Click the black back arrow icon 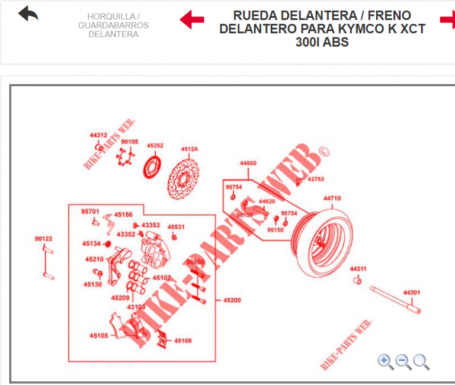pyautogui.click(x=28, y=14)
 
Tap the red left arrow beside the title pyautogui.click(x=192, y=19)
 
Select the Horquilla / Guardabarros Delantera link pyautogui.click(x=113, y=25)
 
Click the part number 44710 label pyautogui.click(x=332, y=198)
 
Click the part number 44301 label pyautogui.click(x=412, y=293)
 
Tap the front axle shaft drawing pyautogui.click(x=396, y=300)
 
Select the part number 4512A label pyautogui.click(x=190, y=149)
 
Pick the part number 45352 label pyautogui.click(x=155, y=146)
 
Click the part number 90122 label pyautogui.click(x=43, y=239)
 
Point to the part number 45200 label pyautogui.click(x=232, y=301)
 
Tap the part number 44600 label pyautogui.click(x=248, y=163)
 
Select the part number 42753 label pyautogui.click(x=316, y=179)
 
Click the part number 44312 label pyautogui.click(x=98, y=135)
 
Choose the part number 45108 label pyautogui.click(x=183, y=341)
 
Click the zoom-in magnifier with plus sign pyautogui.click(x=385, y=361)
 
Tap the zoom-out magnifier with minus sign pyautogui.click(x=403, y=361)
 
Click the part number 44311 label pyautogui.click(x=358, y=268)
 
